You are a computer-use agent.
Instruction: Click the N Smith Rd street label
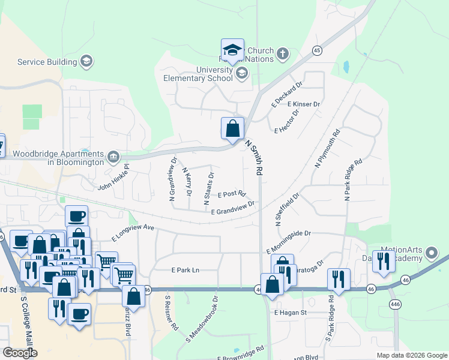pyautogui.click(x=255, y=158)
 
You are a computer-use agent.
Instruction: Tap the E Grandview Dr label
pyautogui.click(x=233, y=207)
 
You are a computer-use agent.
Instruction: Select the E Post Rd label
pyautogui.click(x=232, y=194)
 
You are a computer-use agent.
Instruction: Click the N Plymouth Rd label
pyautogui.click(x=328, y=148)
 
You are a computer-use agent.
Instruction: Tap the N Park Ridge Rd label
pyautogui.click(x=353, y=179)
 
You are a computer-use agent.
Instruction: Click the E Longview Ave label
pyautogui.click(x=133, y=232)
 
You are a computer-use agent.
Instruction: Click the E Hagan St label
pyautogui.click(x=291, y=313)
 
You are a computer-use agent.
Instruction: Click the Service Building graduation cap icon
pyautogui.click(x=86, y=61)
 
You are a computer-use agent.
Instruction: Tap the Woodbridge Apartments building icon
pyautogui.click(x=113, y=157)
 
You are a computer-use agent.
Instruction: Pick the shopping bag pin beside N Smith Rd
pyautogui.click(x=232, y=128)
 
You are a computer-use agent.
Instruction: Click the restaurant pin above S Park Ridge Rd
pyautogui.click(x=339, y=279)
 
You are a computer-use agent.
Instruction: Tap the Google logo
pyautogui.click(x=20, y=353)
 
